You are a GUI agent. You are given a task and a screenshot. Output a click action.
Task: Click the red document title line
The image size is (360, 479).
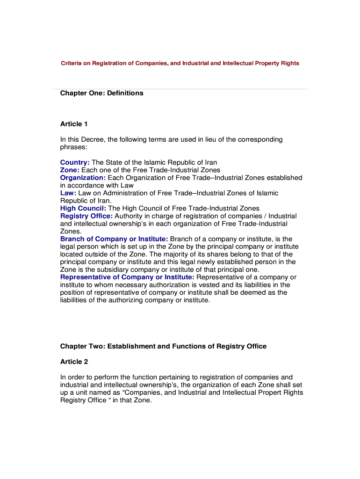pos(180,63)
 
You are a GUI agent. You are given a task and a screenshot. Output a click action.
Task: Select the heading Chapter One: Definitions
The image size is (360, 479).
pos(101,93)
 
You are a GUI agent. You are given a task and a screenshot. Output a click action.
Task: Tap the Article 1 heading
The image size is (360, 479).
pos(74,124)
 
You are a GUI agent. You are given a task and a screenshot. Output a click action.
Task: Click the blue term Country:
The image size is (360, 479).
pos(75,163)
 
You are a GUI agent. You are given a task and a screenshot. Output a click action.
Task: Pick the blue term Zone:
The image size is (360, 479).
pos(70,170)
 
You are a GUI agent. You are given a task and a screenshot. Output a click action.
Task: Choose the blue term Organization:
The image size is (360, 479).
pos(83,178)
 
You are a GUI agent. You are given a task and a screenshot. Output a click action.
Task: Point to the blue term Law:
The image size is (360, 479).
pos(68,193)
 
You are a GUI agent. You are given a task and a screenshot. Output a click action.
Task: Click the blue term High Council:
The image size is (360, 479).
pos(83,208)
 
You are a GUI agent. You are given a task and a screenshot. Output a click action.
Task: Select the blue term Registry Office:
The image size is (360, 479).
pos(86,216)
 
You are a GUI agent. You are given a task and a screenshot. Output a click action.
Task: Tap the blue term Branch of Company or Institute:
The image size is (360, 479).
pos(114,239)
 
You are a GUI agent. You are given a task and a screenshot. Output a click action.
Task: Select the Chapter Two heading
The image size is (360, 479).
pos(163,347)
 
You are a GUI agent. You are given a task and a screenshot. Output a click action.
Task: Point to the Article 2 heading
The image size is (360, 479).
pos(74,362)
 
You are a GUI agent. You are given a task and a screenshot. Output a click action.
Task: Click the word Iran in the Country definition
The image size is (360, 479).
pos(209,163)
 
